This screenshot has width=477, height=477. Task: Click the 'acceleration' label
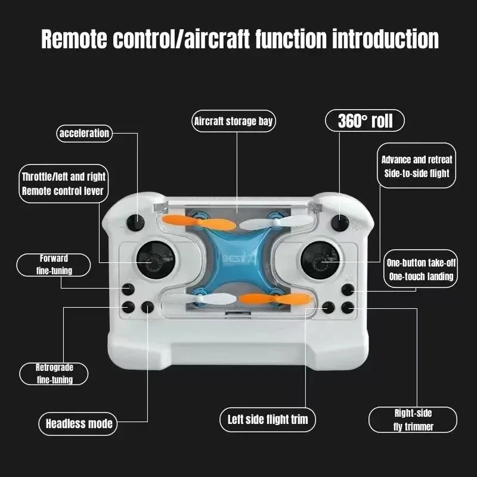coord(84,134)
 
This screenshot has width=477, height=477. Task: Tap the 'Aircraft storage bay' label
coord(233,122)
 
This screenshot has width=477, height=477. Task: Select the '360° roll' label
coord(365,121)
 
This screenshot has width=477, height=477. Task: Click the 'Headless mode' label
coord(79,424)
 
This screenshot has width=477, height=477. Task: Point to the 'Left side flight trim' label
coord(268,419)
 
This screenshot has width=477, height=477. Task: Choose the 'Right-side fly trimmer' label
coord(413,419)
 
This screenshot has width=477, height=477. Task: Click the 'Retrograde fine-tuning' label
coord(54,374)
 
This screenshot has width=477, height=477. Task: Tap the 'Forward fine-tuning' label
coord(54,265)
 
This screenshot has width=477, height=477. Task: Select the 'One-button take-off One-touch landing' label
coord(420,270)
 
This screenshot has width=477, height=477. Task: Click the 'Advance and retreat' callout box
coord(417,166)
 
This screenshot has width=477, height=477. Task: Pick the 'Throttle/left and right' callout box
coord(63,184)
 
